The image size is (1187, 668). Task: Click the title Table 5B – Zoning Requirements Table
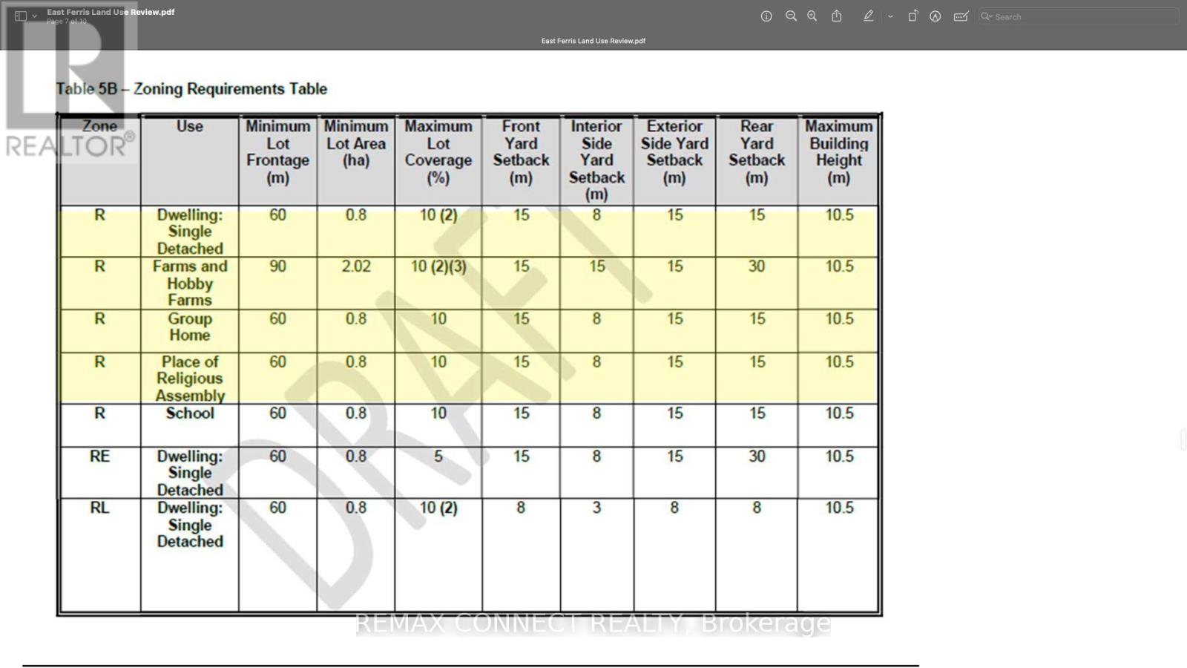[x=191, y=89]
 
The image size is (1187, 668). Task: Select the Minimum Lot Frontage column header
[x=277, y=152]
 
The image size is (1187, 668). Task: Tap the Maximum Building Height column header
[x=838, y=152]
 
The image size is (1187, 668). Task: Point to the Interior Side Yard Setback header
[x=596, y=160]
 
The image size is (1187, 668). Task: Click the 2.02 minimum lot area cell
[x=356, y=266]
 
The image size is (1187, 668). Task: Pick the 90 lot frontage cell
[x=277, y=266]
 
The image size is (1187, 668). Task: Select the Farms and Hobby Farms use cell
[x=190, y=283]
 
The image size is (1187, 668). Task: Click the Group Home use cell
[x=190, y=327]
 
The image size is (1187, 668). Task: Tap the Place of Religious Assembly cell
[x=190, y=379]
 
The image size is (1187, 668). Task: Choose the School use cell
[x=190, y=413]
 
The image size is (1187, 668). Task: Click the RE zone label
[x=99, y=456]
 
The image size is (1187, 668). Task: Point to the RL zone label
[x=99, y=508]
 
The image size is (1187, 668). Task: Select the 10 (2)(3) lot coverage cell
[x=438, y=266]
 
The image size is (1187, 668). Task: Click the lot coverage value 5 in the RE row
[x=438, y=456]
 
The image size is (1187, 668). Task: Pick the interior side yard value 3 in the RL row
[x=596, y=508]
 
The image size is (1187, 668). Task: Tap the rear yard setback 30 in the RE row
[x=757, y=456]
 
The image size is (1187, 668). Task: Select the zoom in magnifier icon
[x=812, y=16]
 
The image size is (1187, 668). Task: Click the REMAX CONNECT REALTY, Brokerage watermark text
[x=593, y=623]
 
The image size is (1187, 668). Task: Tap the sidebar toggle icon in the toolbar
[x=21, y=16]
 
